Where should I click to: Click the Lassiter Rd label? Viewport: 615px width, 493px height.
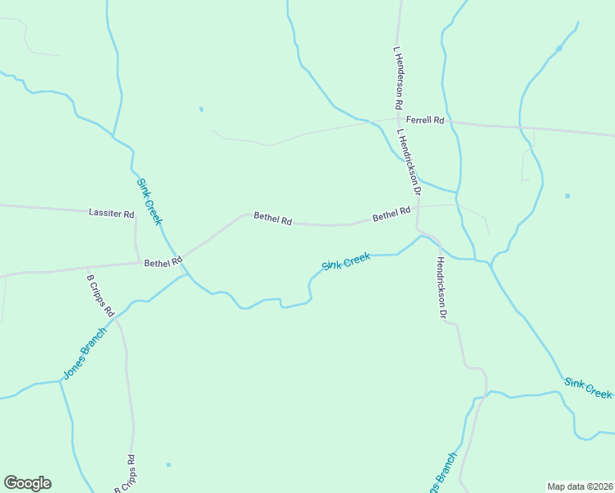tap(111, 214)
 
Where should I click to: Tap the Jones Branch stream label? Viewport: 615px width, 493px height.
tap(85, 353)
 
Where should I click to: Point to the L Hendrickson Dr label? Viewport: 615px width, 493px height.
tap(409, 162)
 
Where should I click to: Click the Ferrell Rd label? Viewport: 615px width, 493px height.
tap(425, 121)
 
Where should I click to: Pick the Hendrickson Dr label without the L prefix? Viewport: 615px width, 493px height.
tap(442, 288)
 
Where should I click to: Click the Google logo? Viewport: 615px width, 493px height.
tap(27, 483)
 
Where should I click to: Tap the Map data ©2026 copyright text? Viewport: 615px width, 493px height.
tap(580, 486)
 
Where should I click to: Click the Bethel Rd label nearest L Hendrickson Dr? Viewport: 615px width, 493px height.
tap(391, 214)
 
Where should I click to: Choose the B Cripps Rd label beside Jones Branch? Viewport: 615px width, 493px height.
tap(100, 296)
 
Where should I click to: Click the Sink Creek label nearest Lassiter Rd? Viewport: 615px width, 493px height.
tap(150, 202)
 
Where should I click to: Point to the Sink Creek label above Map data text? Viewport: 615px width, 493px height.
tap(588, 388)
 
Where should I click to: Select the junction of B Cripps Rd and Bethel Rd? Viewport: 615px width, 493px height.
tap(86, 268)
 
